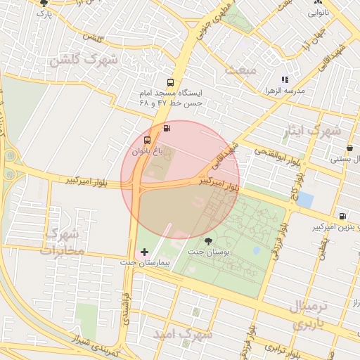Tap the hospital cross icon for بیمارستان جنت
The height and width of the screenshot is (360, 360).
(145, 251)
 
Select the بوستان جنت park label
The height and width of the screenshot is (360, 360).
(205, 251)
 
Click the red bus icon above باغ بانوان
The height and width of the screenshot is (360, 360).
(146, 139)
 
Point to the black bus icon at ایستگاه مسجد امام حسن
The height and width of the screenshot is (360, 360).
(171, 83)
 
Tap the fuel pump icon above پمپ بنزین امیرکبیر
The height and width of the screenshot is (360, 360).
(342, 217)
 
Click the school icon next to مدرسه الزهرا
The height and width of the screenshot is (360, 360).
(285, 80)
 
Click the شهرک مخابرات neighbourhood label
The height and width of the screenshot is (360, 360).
(63, 240)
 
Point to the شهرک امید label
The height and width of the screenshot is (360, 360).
(185, 335)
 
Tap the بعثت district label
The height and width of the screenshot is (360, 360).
(236, 70)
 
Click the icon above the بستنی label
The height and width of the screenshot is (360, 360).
(350, 148)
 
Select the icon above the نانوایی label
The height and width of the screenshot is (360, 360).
(314, 3)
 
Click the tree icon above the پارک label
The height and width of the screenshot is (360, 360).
(44, 4)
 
